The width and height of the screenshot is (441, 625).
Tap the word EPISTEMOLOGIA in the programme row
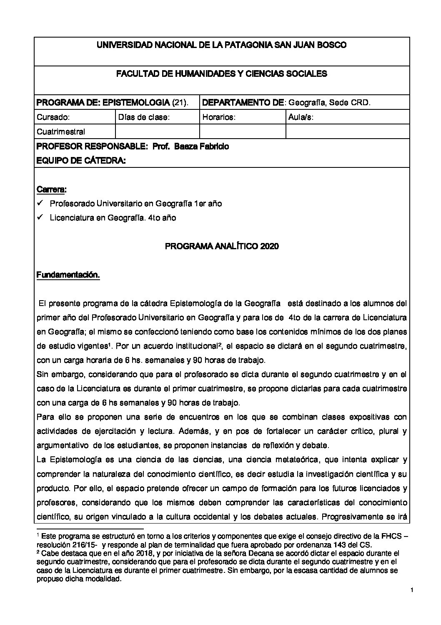coord(136,102)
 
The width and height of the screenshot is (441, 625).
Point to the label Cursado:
coord(53,117)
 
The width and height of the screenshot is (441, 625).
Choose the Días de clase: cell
coord(144,117)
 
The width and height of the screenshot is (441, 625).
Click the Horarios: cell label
coord(219,117)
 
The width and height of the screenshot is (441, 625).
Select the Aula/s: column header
coord(301,117)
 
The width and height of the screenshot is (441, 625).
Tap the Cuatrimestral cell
coord(61,132)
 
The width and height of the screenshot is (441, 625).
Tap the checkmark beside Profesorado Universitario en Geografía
coord(40,203)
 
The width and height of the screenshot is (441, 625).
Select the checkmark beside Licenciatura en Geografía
coord(40,218)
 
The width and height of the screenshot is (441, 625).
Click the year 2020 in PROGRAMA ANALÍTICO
coord(269,246)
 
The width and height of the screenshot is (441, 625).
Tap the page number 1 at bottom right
coord(411,590)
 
